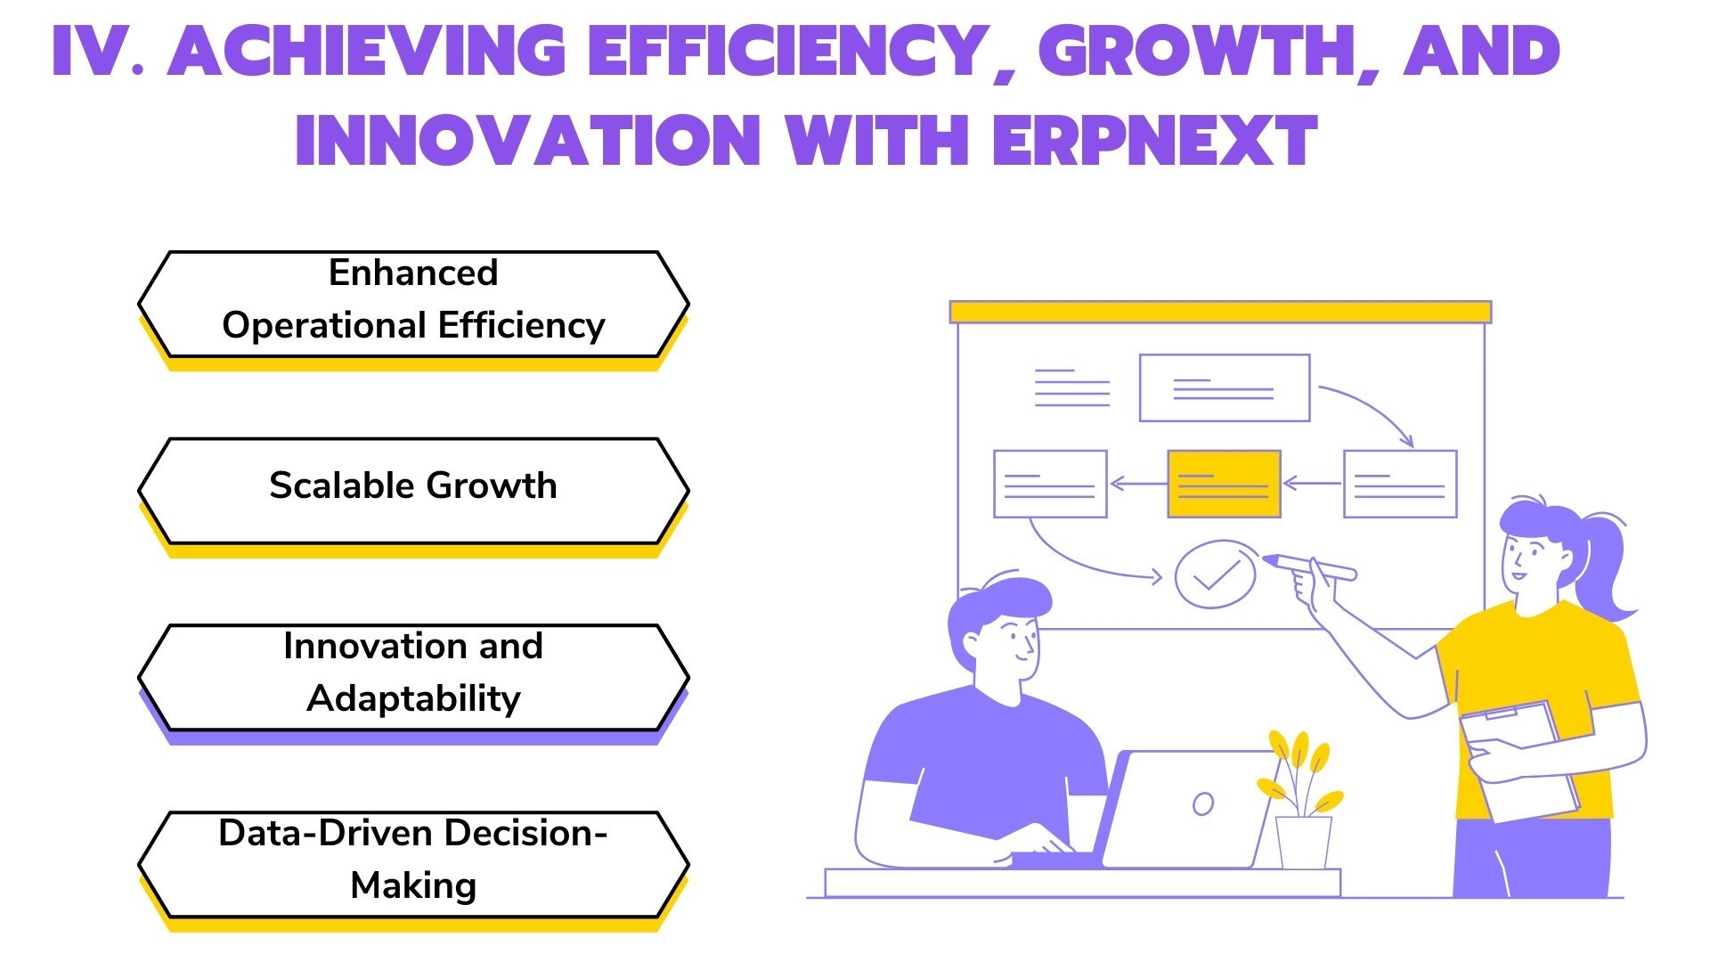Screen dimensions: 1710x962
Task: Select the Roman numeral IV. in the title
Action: coord(99,50)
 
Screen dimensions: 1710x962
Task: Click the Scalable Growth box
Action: coord(413,492)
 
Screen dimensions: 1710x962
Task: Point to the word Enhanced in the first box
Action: coord(413,273)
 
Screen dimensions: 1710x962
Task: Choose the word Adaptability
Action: coord(413,699)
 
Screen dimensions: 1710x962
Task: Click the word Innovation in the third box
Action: coord(374,646)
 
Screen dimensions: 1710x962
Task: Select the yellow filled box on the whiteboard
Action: coord(1224,484)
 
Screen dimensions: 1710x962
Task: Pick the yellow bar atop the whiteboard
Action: coord(1220,312)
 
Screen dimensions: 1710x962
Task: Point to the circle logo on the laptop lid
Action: coord(1203,803)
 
